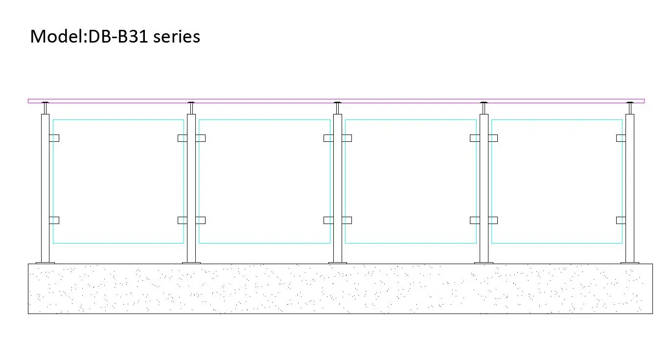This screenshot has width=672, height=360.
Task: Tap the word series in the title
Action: [x=177, y=37]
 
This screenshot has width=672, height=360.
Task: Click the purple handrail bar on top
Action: [x=336, y=101]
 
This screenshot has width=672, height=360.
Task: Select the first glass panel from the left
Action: [x=118, y=181]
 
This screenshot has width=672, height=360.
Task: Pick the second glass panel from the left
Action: [x=264, y=181]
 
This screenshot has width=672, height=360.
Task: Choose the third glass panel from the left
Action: [x=411, y=181]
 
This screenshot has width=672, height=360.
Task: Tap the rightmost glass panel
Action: [x=556, y=181]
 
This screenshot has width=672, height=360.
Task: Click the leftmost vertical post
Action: [x=45, y=188]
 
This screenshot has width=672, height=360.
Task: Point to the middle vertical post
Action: [x=338, y=188]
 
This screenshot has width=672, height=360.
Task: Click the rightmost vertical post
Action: [x=630, y=188]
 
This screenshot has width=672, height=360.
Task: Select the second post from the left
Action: [x=191, y=188]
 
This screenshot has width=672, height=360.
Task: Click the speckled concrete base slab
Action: [x=340, y=289]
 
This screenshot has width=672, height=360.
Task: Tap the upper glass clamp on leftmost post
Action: [x=54, y=138]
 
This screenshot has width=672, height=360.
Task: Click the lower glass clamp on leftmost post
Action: [x=54, y=220]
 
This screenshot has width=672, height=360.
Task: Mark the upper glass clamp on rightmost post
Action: [x=621, y=138]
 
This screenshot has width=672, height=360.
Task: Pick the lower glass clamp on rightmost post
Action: [x=621, y=220]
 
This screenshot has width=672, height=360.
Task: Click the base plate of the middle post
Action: [x=338, y=263]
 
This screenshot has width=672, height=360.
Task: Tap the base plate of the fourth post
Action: [x=484, y=263]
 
